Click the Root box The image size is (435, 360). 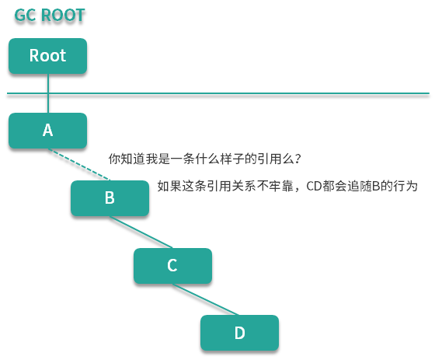point(47,56)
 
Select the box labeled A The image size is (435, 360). point(47,131)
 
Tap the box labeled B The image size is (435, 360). point(110,198)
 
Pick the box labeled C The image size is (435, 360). point(172,266)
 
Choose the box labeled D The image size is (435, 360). point(239,333)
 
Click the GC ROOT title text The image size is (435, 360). point(50,15)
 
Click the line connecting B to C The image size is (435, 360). point(141,233)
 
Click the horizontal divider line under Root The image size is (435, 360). point(233,94)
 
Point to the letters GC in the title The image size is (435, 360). point(25,15)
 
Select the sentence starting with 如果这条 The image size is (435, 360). point(287,186)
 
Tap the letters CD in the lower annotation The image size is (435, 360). point(315,186)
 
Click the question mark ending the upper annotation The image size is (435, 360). point(298,159)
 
